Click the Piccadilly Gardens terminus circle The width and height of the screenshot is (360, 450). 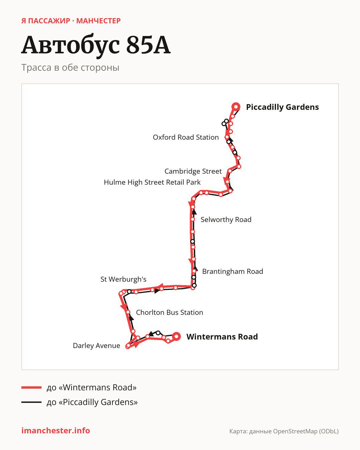pyautogui.click(x=236, y=107)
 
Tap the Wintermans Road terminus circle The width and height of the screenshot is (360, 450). pyautogui.click(x=177, y=336)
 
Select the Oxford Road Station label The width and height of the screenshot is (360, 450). pyautogui.click(x=186, y=137)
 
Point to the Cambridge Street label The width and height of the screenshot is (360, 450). pyautogui.click(x=193, y=171)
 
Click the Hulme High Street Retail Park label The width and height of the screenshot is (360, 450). pyautogui.click(x=152, y=182)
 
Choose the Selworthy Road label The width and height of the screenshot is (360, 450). pyautogui.click(x=226, y=220)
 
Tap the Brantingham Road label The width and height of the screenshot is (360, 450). pyautogui.click(x=232, y=271)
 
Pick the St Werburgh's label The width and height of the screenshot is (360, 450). pyautogui.click(x=123, y=279)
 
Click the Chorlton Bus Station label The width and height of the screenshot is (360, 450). pyautogui.click(x=169, y=312)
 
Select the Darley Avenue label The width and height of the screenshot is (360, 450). pyautogui.click(x=96, y=346)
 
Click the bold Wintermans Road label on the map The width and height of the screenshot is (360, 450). pyautogui.click(x=222, y=337)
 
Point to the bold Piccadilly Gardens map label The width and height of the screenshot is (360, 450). pyautogui.click(x=282, y=107)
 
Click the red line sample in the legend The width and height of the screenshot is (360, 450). pyautogui.click(x=31, y=387)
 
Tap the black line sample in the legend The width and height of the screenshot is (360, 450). pyautogui.click(x=31, y=402)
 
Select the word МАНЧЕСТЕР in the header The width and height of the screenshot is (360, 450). pyautogui.click(x=98, y=21)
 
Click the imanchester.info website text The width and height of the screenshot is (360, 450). pyautogui.click(x=56, y=431)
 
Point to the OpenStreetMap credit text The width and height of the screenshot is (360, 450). pyautogui.click(x=284, y=431)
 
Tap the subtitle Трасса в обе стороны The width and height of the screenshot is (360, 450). pyautogui.click(x=70, y=68)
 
